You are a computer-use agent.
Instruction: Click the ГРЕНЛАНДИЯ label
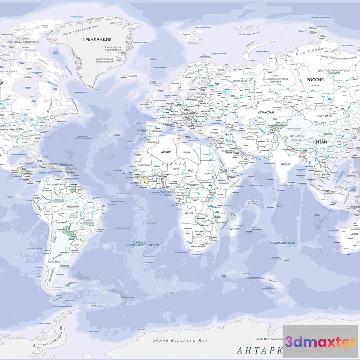(97, 39)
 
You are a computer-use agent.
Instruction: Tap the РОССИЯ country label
(315, 80)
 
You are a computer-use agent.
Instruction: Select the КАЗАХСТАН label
(266, 112)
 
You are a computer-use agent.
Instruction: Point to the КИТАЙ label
(320, 142)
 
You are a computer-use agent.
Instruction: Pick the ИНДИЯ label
(285, 164)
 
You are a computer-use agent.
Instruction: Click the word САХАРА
(174, 163)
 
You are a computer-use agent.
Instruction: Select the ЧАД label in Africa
(191, 170)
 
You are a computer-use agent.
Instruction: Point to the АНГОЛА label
(189, 213)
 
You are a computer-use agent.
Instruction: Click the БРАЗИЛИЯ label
(73, 207)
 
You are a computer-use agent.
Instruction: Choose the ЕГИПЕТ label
(206, 154)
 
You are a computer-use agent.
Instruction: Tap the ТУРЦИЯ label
(214, 132)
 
